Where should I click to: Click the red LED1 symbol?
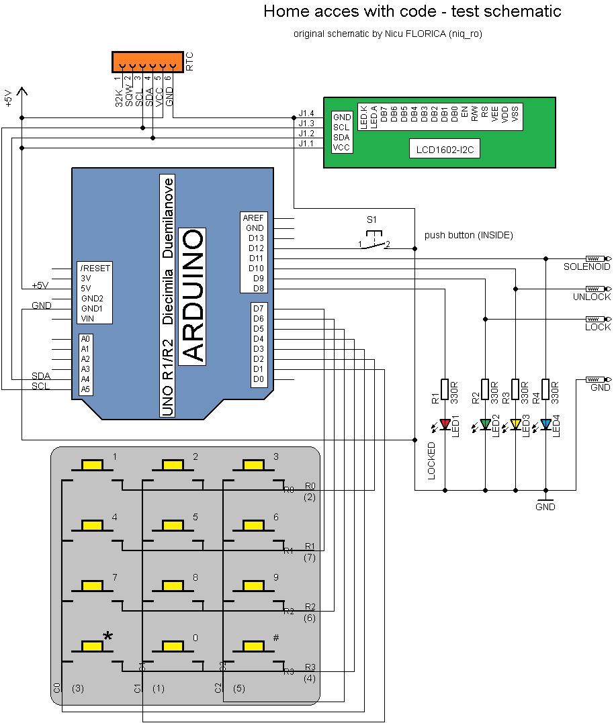coord(444,424)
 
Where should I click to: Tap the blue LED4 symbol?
coord(545,424)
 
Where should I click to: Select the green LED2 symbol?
coord(485,424)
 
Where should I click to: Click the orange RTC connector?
coord(146,62)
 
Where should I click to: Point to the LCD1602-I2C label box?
coord(444,149)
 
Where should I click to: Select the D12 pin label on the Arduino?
coord(256,248)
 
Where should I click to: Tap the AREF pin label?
coord(253,218)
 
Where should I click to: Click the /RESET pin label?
coord(95,268)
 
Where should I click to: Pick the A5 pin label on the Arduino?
coord(85,389)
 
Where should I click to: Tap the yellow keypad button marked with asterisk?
coord(91,646)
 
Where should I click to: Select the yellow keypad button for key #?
coord(253,646)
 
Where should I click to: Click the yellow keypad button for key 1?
coord(91,465)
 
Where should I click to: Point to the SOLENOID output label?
coord(586,267)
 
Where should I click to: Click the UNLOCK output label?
coord(591,297)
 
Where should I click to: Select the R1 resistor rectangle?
coord(444,389)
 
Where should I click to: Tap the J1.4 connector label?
coord(306,113)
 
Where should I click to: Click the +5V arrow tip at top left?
coord(23,90)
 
